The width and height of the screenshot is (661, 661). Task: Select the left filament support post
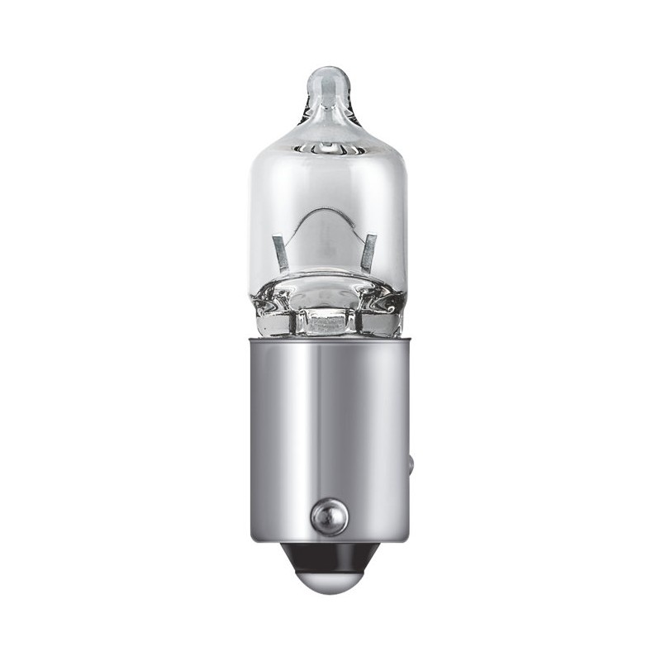280,252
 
